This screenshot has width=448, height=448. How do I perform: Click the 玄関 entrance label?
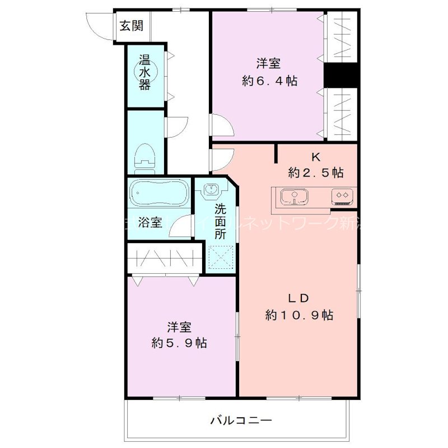(x=130, y=25)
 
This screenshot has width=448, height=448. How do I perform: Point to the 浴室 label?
(x=151, y=222)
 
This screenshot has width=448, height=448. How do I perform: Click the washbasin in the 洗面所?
(x=212, y=190)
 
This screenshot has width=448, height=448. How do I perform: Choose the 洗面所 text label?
(x=220, y=222)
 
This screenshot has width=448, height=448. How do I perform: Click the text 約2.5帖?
(x=316, y=172)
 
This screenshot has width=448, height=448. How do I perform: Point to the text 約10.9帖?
(x=300, y=315)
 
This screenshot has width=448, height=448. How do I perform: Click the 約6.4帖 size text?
(x=269, y=81)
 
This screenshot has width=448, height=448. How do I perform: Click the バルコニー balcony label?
(x=241, y=419)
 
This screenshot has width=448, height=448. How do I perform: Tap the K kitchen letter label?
(x=316, y=157)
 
